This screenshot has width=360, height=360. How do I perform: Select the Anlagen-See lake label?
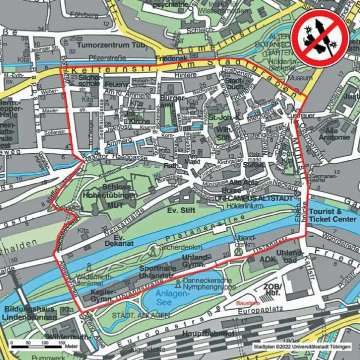point(171,297)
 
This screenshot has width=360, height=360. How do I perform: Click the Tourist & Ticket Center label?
point(332,216)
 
